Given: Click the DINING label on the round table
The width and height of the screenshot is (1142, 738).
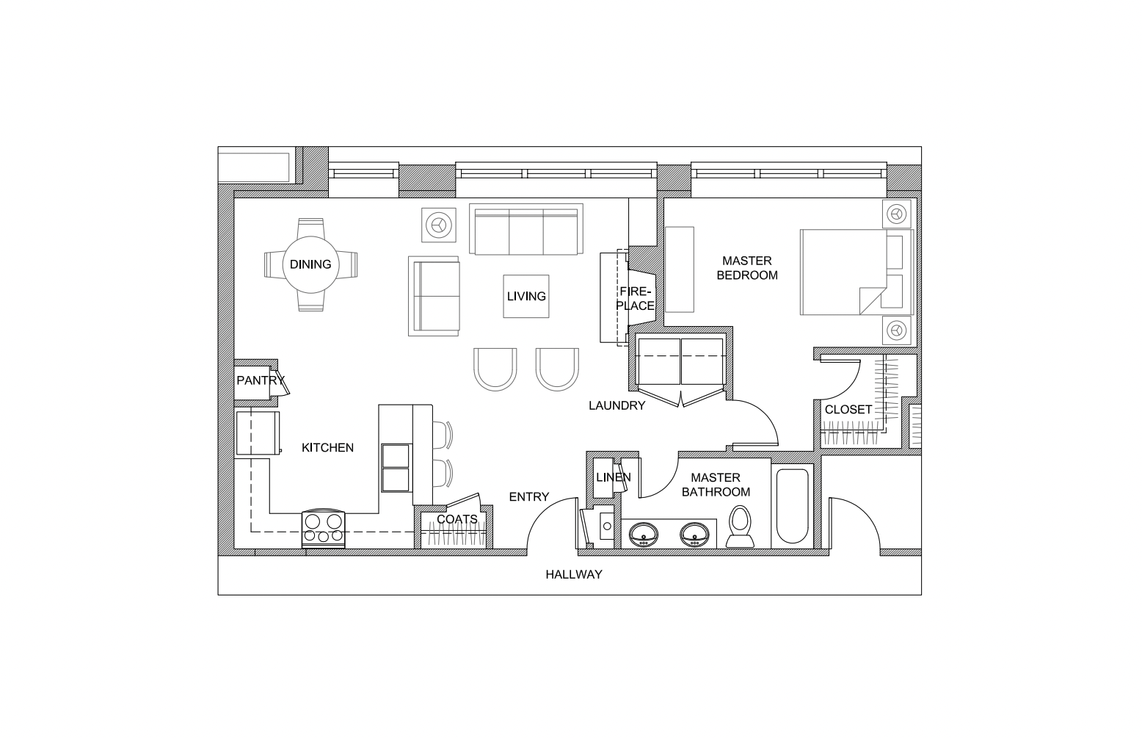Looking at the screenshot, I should point(310,264).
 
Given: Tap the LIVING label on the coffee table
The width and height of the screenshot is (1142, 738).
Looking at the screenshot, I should point(526,296).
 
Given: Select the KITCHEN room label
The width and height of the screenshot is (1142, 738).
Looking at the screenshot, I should point(327,447).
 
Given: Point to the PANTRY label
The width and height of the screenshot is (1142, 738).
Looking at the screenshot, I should point(260,380).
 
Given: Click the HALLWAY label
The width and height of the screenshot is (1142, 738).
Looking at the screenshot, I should point(573,574).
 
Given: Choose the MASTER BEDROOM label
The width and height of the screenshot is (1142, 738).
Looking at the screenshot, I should point(747,268).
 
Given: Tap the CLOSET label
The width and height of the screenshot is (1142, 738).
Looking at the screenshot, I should point(848,409).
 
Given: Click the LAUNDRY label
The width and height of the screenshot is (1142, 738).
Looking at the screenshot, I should point(617,405).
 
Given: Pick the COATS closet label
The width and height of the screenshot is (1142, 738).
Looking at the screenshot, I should point(457,519).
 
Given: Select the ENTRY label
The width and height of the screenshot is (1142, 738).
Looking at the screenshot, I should point(528,496).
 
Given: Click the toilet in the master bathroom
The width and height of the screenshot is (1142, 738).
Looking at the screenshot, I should point(740,529).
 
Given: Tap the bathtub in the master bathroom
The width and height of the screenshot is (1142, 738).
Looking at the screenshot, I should point(792,505).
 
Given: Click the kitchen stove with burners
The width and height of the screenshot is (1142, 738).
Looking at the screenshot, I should point(324,529).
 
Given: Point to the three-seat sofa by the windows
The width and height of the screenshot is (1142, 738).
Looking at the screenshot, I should point(525,229).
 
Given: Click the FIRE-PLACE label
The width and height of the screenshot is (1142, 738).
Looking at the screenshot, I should point(635,298).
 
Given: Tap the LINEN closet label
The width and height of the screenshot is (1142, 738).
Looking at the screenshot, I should point(613,477).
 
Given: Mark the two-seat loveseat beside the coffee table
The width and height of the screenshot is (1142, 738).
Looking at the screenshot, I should point(434,296).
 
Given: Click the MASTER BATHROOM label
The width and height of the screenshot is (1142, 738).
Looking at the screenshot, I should point(716,485).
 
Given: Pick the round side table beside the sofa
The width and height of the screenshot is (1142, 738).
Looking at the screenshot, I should point(438,225).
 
